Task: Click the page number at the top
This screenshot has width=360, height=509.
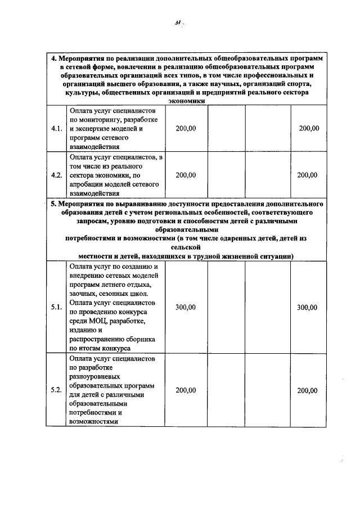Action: coord(178,23)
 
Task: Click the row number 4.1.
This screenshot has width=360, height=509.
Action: coord(56,128)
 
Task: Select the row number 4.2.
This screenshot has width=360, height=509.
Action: coord(56,175)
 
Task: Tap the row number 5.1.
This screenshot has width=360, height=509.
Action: coord(56,307)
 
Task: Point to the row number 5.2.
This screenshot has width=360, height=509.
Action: coord(56,390)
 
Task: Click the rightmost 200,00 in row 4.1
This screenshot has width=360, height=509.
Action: coord(309,128)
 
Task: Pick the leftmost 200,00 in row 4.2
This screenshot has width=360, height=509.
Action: coord(186,175)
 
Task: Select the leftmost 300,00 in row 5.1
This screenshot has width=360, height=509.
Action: coord(186,307)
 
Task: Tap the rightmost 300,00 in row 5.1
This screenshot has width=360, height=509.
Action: coord(307,307)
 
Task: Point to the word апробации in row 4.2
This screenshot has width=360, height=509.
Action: coord(89,184)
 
